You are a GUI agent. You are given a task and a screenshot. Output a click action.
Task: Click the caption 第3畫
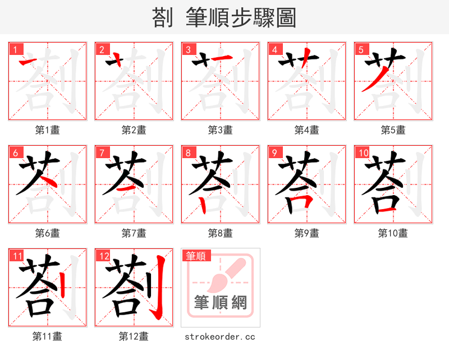pos(220,130)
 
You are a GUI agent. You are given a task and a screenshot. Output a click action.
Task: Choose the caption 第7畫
pos(134,233)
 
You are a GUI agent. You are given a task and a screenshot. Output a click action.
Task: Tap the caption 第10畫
pos(393,233)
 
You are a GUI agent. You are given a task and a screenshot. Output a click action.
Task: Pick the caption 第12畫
pos(134,336)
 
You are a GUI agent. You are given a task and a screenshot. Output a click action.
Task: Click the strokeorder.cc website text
pos(220,336)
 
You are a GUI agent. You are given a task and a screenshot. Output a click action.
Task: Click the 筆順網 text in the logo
pos(221,303)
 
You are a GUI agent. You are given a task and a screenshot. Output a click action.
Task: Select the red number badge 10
pos(363,153)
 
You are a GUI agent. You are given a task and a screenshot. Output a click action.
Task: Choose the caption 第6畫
pos(47,233)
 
